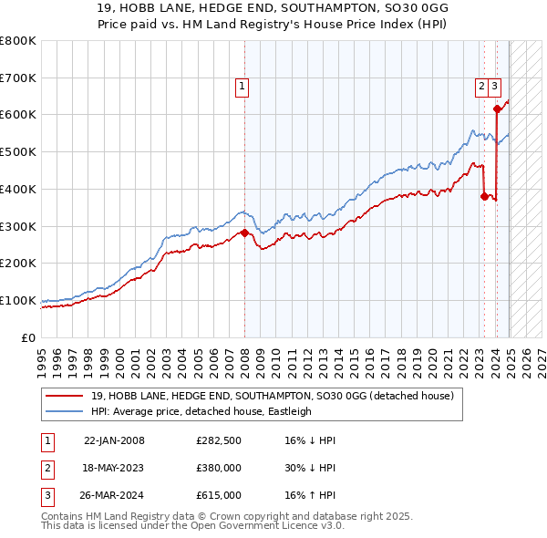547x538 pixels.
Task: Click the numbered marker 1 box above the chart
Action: (x=243, y=87)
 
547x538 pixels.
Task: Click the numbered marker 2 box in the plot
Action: (x=480, y=87)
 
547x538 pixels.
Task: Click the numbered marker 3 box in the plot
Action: (x=494, y=87)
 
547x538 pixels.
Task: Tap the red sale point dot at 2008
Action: (x=244, y=233)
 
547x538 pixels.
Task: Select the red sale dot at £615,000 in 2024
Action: (x=497, y=109)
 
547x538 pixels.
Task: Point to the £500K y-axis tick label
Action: (x=18, y=151)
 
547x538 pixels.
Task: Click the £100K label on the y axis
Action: (x=18, y=300)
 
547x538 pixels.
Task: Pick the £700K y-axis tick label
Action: (x=18, y=78)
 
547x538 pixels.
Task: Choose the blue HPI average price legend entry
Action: (x=201, y=411)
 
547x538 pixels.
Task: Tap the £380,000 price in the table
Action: (x=219, y=469)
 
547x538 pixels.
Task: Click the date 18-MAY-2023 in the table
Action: (x=114, y=469)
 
